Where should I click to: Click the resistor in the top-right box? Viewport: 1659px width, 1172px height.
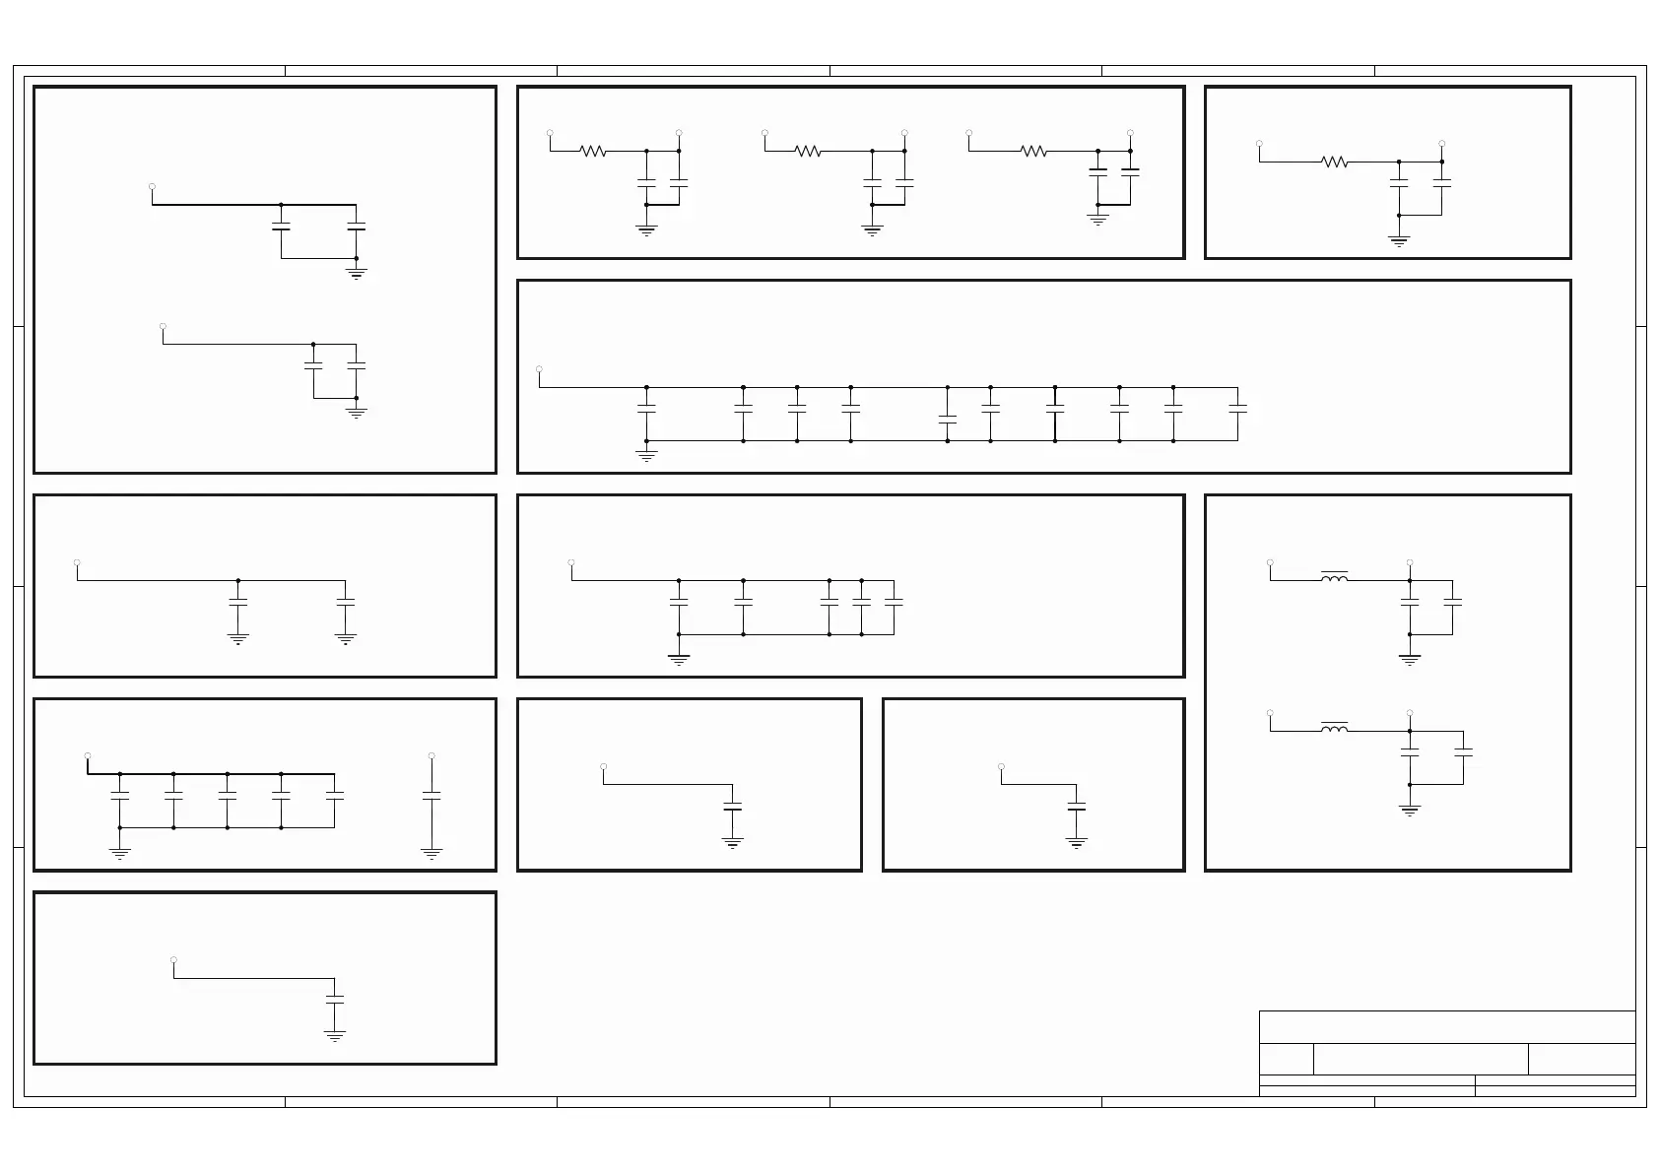coord(1335,162)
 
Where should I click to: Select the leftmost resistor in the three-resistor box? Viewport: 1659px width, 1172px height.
coord(593,151)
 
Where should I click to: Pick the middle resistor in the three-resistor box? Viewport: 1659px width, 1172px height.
coord(808,151)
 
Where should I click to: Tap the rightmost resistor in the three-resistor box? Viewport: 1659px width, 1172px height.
coord(1033,151)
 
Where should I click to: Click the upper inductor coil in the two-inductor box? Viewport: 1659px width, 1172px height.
coord(1335,578)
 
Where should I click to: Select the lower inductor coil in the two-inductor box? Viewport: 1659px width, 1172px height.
coord(1335,729)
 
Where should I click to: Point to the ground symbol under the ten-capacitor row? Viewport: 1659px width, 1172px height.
coord(646,456)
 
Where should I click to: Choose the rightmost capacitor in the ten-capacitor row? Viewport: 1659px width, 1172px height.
coord(1238,407)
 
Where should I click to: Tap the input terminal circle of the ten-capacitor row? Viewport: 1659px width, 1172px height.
coord(539,369)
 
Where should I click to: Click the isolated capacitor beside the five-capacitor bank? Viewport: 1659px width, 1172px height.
coord(431,794)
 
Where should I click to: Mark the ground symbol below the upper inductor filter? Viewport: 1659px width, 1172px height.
coord(1410,659)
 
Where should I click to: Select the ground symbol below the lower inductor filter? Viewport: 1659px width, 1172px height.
coord(1410,810)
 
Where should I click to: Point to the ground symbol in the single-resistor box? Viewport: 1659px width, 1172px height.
coord(1399,240)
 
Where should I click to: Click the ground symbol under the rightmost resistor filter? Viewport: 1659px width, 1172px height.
coord(1097,220)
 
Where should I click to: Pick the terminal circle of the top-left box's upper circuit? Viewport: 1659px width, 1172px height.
coord(152,186)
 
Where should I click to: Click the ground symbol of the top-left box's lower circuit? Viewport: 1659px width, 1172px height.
coord(357,413)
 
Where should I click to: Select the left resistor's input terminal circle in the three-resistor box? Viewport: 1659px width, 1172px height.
coord(550,132)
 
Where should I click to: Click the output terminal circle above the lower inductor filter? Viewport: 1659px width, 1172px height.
coord(1410,712)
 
